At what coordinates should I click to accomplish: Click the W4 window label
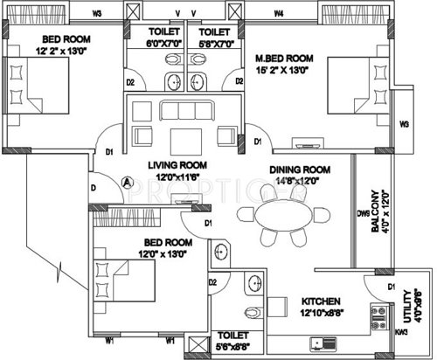tap(278, 13)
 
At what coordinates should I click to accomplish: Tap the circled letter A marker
tap(128, 183)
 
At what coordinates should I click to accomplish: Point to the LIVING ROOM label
tap(176, 165)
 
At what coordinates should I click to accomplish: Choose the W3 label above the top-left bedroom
tap(97, 13)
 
